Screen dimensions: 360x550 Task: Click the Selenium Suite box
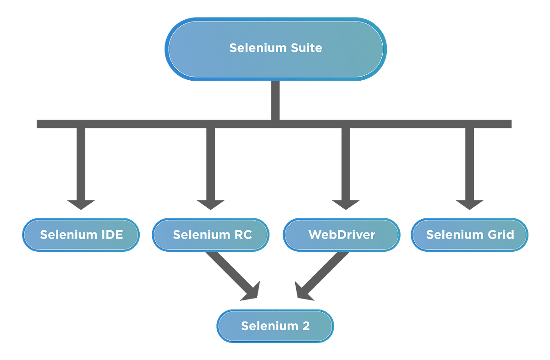point(275,48)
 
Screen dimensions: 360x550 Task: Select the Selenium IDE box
point(81,235)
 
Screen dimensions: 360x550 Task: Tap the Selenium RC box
point(211,235)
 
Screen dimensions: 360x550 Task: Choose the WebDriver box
point(341,235)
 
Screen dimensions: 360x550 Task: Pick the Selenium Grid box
point(470,235)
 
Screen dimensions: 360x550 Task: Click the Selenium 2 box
point(275,326)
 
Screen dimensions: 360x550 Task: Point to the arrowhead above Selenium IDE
point(81,204)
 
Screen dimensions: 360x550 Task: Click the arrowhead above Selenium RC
point(211,204)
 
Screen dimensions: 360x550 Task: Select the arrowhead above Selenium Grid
point(470,204)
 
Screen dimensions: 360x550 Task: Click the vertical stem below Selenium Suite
point(275,100)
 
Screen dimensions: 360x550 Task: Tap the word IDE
point(112,235)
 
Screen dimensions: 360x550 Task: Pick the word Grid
point(500,235)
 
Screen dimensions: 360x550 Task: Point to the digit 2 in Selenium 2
point(306,326)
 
